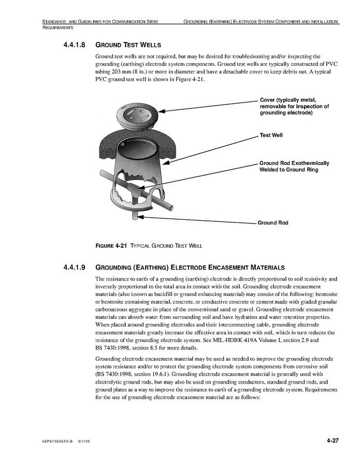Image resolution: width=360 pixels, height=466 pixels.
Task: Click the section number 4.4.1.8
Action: point(76,45)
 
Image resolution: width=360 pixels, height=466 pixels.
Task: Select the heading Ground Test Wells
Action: point(128,45)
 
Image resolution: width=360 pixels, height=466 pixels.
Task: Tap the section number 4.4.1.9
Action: point(76,268)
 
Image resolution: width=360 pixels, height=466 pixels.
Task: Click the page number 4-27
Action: point(332,441)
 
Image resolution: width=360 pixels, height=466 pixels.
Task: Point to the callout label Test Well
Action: point(271,135)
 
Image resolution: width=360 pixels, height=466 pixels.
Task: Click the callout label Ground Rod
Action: point(272,223)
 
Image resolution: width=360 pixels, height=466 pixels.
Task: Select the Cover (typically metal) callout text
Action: point(294,106)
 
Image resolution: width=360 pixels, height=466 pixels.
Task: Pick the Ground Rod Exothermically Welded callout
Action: point(294,166)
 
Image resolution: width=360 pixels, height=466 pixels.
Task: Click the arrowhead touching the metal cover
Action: point(162,110)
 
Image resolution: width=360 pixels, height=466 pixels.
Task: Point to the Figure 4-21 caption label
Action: point(111,245)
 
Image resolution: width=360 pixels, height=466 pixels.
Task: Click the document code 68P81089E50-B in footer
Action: point(57,441)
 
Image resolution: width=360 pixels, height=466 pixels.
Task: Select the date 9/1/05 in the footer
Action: point(84,441)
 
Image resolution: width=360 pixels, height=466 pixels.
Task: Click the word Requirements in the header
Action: point(57,27)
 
